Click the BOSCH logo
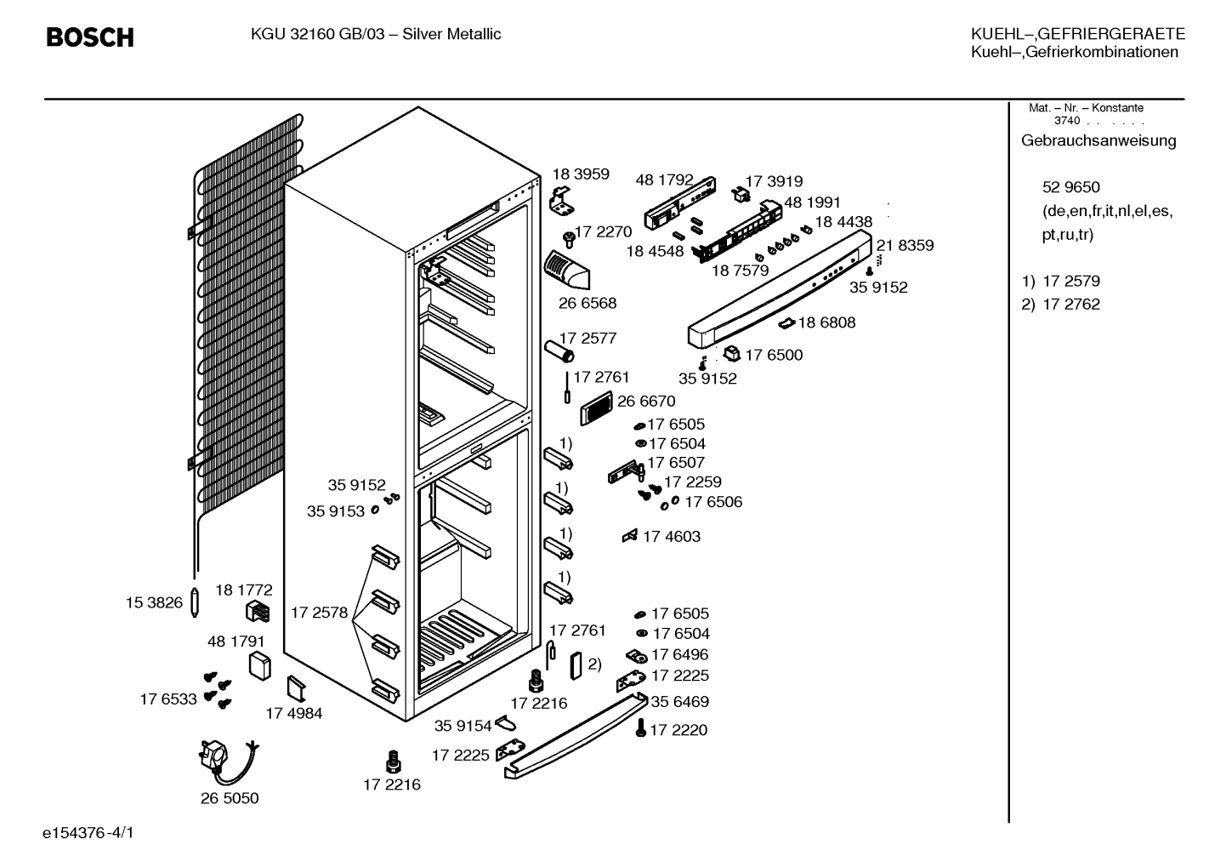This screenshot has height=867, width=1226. pos(90,37)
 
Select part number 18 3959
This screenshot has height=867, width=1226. pos(580,174)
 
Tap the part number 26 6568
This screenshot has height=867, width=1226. pos(587,303)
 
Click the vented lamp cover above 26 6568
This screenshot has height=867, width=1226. pos(566,270)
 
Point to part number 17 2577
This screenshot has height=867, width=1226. pos(587,338)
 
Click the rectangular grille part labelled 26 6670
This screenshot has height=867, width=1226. pos(596,408)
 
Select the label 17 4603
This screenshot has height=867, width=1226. pos(671,536)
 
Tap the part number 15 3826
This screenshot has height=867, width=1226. pos(154,602)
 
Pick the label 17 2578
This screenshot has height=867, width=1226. pos(319,613)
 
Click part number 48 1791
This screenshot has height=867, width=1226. pos(236,641)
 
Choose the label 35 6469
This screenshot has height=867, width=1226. pos(679,701)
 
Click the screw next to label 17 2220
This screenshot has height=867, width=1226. pos(641,727)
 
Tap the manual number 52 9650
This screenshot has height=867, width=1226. pos(1070,187)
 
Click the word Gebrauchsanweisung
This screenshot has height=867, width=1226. pos(1098,140)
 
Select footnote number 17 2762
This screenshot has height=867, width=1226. pos(1071,304)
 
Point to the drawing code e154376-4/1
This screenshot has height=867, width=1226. pos(88,833)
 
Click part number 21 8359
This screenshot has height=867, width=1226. pos(905,245)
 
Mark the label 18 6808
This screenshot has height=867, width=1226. pos(826,322)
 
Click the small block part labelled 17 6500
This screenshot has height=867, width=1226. pos(732,354)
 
